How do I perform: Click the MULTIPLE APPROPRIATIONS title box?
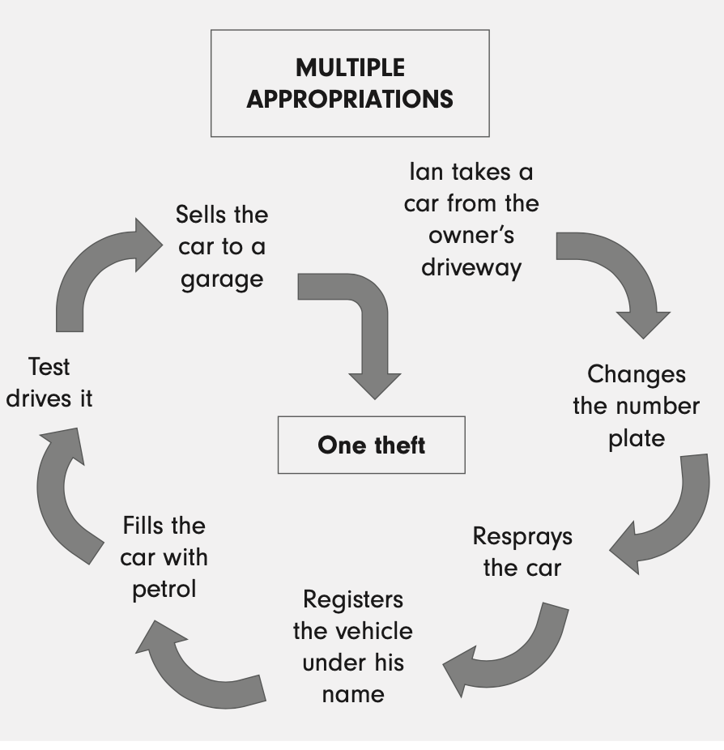pyautogui.click(x=350, y=83)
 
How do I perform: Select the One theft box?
pyautogui.click(x=371, y=445)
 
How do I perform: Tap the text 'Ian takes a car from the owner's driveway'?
pyautogui.click(x=471, y=219)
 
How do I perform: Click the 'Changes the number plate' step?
pyautogui.click(x=636, y=406)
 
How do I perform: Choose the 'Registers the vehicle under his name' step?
pyautogui.click(x=352, y=647)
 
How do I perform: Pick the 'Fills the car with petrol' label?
pyautogui.click(x=164, y=557)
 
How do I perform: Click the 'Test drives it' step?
pyautogui.click(x=49, y=383)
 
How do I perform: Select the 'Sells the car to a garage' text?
pyautogui.click(x=221, y=247)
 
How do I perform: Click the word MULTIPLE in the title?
pyautogui.click(x=350, y=67)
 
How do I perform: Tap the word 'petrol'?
pyautogui.click(x=164, y=589)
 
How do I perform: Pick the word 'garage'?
pyautogui.click(x=221, y=279)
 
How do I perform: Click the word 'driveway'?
pyautogui.click(x=471, y=267)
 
